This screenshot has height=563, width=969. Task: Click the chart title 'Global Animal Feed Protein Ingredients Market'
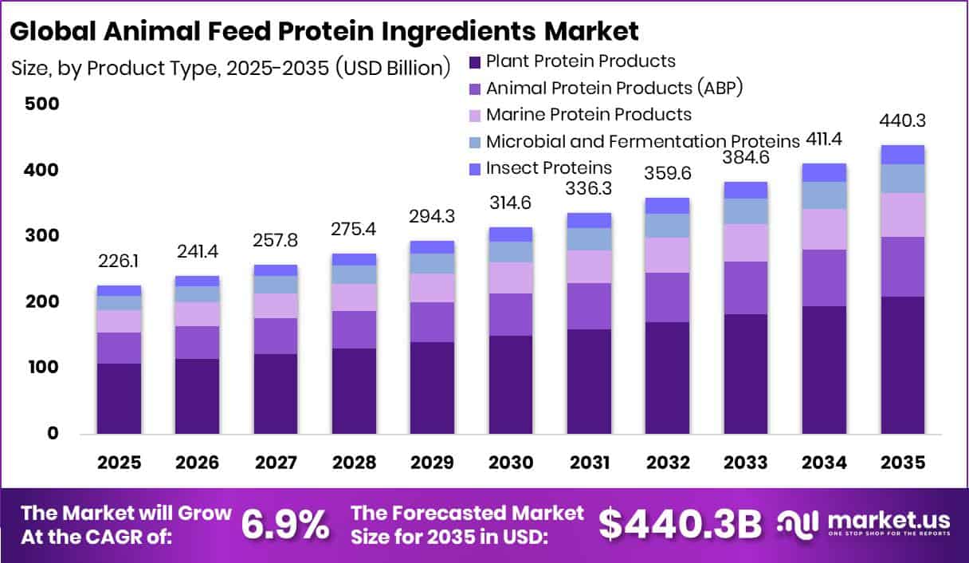324,31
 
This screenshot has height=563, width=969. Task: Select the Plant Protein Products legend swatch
475,62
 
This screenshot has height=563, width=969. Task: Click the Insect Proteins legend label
548,167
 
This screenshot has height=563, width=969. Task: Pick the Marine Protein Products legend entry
588,114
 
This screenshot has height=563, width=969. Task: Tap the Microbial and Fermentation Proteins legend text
642,141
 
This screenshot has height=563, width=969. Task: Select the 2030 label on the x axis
511,463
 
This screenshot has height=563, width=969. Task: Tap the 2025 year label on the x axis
120,463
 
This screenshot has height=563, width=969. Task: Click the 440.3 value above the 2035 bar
902,121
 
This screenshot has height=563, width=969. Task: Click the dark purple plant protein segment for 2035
902,365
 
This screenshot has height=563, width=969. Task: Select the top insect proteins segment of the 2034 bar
824,172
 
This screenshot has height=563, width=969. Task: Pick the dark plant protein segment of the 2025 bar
120,399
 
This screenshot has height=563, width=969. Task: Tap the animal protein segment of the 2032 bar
667,297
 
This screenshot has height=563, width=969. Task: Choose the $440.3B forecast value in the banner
680,524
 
